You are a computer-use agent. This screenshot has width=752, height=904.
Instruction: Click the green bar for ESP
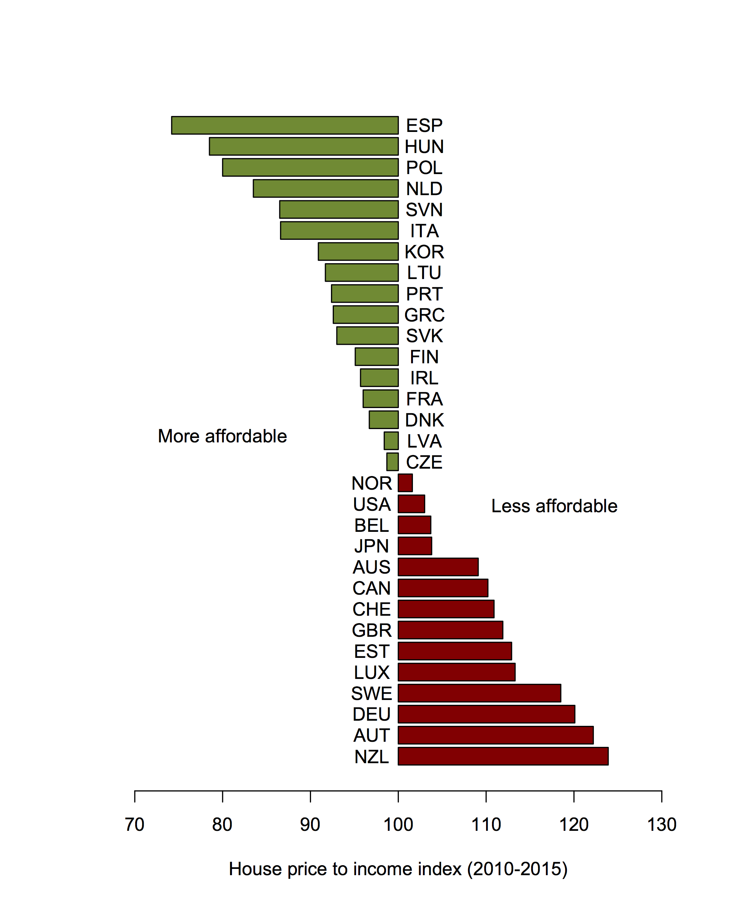[285, 125]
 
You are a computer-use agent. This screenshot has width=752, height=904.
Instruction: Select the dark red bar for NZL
[503, 756]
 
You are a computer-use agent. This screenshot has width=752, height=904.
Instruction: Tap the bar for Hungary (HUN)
[304, 146]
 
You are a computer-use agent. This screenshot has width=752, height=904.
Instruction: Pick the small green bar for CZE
[392, 462]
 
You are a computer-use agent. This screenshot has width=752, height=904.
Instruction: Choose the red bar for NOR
[405, 483]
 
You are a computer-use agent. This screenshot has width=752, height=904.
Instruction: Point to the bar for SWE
[479, 693]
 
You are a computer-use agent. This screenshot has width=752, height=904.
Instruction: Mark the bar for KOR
[358, 251]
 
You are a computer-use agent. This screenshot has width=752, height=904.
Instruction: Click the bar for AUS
[438, 567]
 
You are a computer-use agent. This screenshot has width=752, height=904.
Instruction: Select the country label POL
[424, 167]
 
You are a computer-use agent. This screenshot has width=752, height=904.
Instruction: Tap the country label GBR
[372, 630]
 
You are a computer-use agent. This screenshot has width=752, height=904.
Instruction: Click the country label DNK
[424, 420]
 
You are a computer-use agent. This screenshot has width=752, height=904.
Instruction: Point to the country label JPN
[372, 546]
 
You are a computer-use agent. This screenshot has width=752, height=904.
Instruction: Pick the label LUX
[372, 672]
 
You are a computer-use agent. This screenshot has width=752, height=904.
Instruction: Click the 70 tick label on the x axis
[135, 825]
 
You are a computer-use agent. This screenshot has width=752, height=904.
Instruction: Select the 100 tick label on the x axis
[398, 825]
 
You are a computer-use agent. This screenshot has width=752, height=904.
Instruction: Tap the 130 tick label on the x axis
[662, 825]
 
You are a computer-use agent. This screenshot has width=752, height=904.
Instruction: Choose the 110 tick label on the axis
[486, 825]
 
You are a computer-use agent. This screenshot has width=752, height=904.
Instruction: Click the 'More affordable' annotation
[222, 436]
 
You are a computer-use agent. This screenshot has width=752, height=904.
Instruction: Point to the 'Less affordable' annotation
[554, 506]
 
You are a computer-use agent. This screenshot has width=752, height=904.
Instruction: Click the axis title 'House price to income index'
[398, 869]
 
